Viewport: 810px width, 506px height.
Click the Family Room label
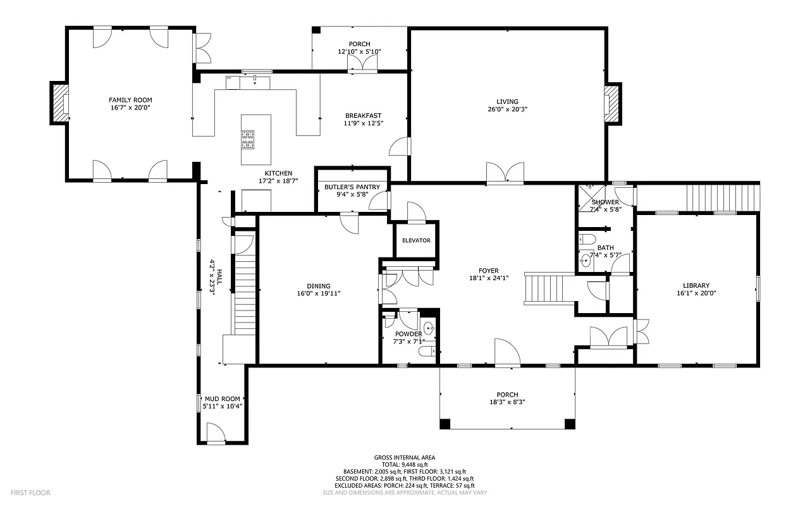[130, 100]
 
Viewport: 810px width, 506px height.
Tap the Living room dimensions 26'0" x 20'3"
[507, 109]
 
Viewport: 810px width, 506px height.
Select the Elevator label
[416, 240]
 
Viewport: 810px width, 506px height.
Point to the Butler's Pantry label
[352, 187]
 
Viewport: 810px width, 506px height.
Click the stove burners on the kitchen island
[247, 139]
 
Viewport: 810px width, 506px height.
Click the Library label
[696, 285]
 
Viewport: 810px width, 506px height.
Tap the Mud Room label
[223, 398]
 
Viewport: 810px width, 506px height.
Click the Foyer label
[489, 271]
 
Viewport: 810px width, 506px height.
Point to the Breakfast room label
[363, 115]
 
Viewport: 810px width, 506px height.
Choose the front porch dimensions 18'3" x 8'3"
[507, 402]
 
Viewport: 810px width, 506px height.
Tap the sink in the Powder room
[429, 328]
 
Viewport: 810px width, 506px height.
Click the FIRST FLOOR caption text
[30, 493]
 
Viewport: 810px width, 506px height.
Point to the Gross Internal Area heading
[405, 457]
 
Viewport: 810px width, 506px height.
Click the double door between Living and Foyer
[505, 173]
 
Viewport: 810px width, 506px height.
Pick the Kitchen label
[278, 173]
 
